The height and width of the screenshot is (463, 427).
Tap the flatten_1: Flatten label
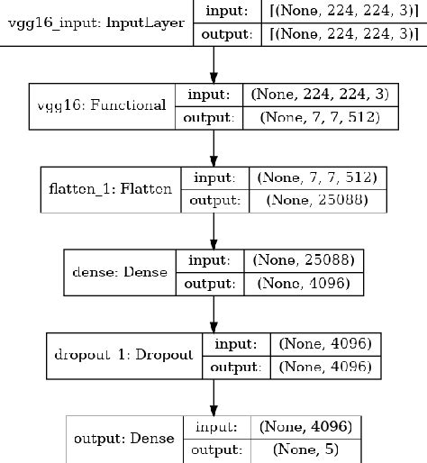click(x=111, y=191)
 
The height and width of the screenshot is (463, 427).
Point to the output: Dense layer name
click(x=125, y=439)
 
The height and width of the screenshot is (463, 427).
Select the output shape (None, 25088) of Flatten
click(x=314, y=201)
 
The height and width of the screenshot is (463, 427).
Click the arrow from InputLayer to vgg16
click(x=213, y=63)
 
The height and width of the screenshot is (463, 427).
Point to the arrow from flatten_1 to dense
click(x=213, y=231)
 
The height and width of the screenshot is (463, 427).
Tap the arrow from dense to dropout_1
click(x=213, y=313)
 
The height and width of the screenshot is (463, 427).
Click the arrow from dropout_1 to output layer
click(x=213, y=396)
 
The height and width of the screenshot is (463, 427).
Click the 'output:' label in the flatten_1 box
click(x=212, y=201)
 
